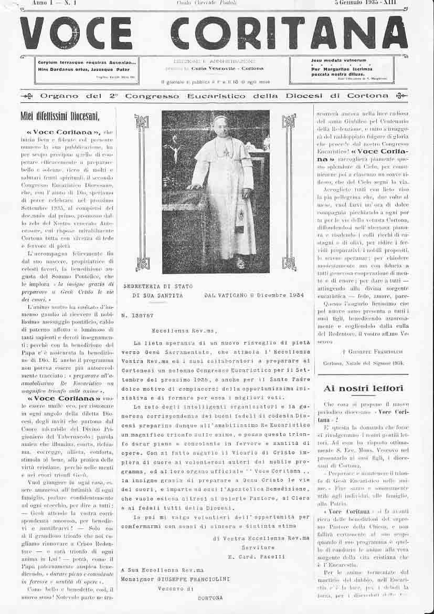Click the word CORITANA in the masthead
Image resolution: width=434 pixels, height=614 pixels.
pos(289,33)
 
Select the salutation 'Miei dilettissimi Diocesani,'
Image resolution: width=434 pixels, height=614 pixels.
pos(60,116)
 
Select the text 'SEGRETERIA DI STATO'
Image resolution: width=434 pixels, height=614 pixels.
pos(157,286)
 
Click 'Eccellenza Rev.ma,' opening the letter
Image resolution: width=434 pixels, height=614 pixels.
pos(184,331)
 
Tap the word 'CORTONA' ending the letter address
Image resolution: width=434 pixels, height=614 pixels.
pos(210,598)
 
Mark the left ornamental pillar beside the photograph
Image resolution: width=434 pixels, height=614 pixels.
pos(142,192)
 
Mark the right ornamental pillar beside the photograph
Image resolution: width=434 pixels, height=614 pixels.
pos(289,192)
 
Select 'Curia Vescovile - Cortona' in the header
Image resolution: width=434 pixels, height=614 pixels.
pos(227,68)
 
